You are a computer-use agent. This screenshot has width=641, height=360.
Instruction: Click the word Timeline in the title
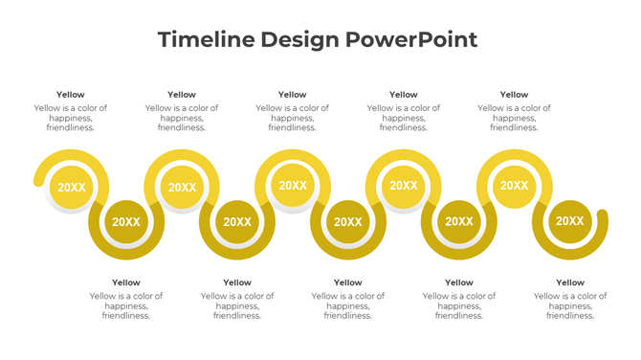(x=202, y=39)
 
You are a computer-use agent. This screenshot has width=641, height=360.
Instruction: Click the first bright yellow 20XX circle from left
(x=71, y=188)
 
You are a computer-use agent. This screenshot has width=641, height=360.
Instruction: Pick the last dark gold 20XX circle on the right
(x=570, y=222)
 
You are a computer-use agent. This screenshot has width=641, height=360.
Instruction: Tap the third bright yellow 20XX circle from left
(x=293, y=186)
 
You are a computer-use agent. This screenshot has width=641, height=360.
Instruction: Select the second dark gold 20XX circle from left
(x=237, y=222)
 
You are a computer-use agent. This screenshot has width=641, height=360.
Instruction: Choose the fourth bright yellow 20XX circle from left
(x=404, y=186)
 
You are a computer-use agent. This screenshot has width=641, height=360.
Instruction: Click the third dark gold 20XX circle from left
(x=348, y=222)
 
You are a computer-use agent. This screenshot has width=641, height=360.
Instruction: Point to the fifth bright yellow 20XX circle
(x=515, y=186)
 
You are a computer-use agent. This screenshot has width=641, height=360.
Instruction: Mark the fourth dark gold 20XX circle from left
(x=459, y=222)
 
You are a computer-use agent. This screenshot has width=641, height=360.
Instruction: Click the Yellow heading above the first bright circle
(x=71, y=95)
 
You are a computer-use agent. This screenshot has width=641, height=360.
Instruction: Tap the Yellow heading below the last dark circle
(x=570, y=282)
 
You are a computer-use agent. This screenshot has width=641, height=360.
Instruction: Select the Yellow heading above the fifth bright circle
(x=515, y=95)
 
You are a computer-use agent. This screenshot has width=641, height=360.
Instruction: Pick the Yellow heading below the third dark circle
(x=348, y=282)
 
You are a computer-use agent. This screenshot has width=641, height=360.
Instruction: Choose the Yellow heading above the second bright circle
(x=182, y=95)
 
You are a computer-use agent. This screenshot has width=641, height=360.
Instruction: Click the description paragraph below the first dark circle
(x=126, y=305)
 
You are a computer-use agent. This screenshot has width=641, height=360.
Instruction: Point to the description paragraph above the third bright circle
(x=293, y=118)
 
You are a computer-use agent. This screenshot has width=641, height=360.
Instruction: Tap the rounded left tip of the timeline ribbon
(x=37, y=180)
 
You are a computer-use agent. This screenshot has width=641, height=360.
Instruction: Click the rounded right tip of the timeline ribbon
(x=602, y=215)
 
